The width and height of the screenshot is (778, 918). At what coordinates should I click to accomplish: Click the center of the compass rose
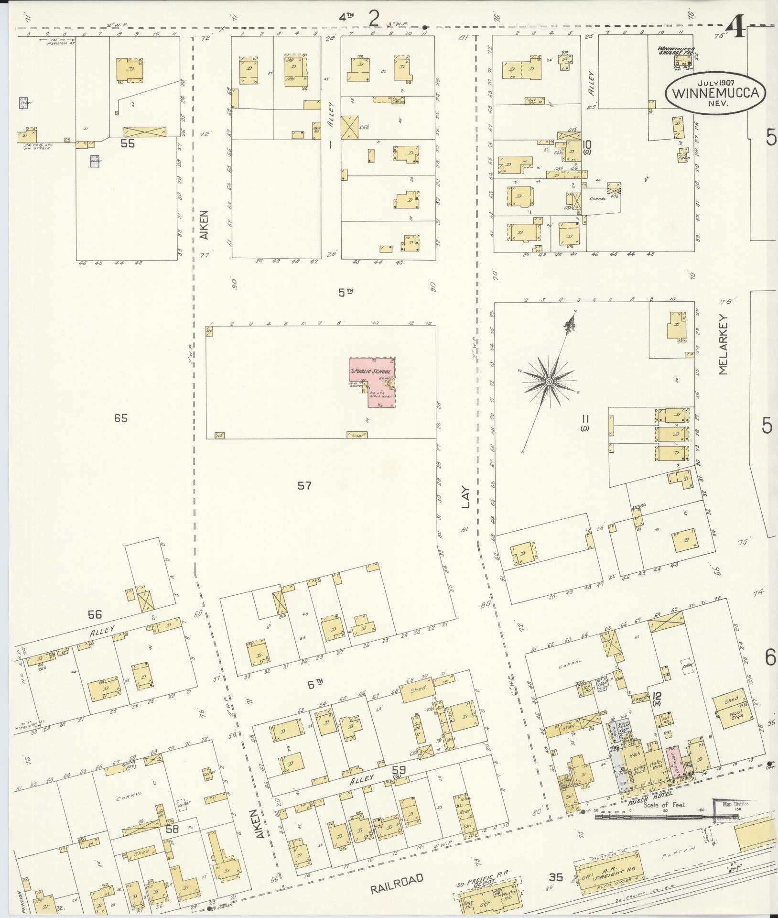549,381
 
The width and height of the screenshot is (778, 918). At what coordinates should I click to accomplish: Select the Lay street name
467,497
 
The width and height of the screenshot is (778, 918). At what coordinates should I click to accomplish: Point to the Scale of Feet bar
650,817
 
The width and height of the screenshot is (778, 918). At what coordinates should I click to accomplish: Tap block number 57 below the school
304,486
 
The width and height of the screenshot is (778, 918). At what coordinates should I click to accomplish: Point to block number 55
128,142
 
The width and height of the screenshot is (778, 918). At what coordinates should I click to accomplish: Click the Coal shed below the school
357,435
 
